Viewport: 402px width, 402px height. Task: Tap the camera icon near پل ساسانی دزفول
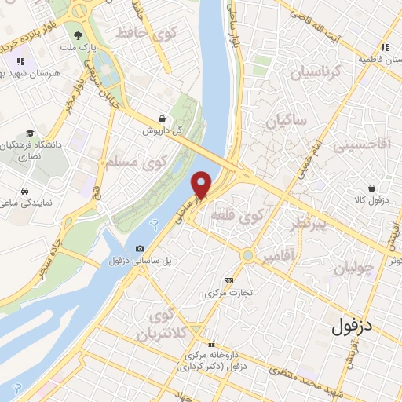[x=140, y=249]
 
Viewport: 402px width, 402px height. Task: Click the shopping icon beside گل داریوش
[x=161, y=119]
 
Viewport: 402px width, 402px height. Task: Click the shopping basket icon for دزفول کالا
[x=371, y=188]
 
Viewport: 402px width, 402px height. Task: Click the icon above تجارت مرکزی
[x=228, y=280]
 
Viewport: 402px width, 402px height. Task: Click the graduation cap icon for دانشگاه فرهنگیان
[x=30, y=133]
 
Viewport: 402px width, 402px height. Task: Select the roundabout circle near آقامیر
[x=248, y=255]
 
